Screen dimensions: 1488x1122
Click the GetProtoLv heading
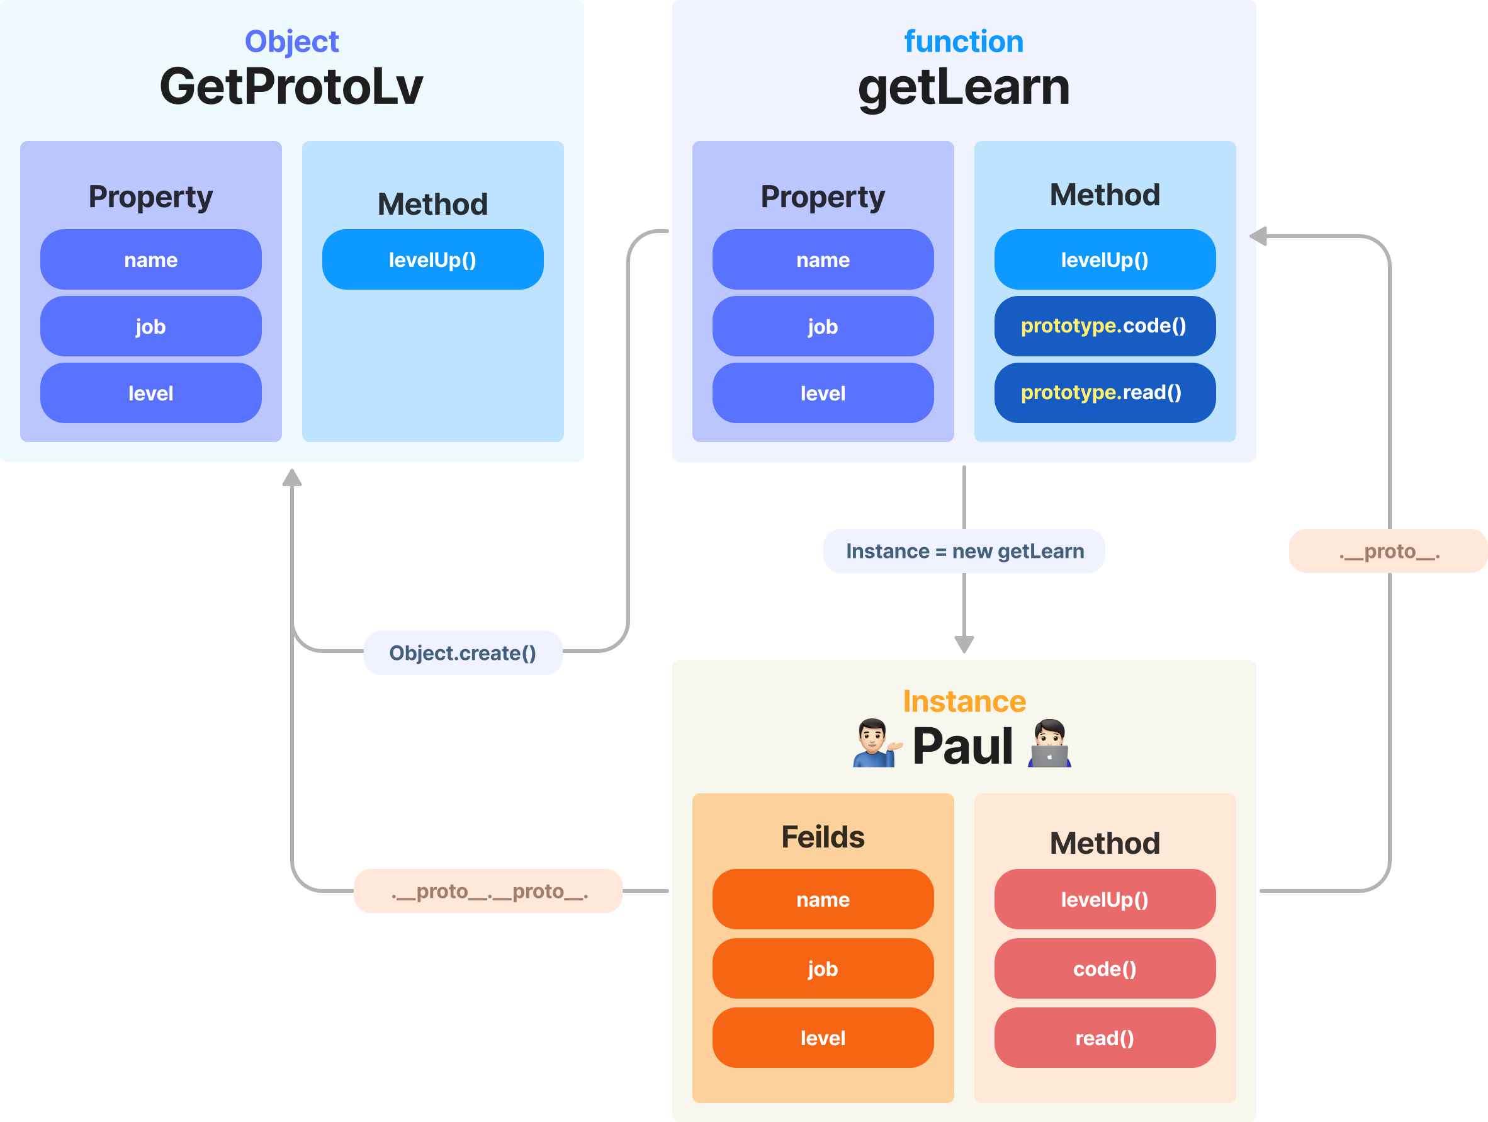click(291, 86)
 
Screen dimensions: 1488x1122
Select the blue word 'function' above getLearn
click(963, 41)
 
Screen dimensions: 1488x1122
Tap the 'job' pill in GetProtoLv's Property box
click(150, 326)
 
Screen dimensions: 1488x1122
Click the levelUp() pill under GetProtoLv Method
click(432, 259)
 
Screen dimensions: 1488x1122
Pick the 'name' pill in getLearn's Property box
click(823, 259)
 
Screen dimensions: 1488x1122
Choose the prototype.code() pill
click(1105, 326)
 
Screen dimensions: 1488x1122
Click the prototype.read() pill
click(1105, 393)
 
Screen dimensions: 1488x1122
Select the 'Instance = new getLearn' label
click(964, 551)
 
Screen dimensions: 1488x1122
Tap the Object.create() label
click(463, 653)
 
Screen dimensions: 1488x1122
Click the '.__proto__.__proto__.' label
click(488, 891)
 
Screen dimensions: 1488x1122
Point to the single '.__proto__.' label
click(1389, 551)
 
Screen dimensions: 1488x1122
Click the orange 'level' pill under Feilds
click(823, 1038)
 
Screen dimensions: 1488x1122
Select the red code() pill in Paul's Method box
click(1105, 968)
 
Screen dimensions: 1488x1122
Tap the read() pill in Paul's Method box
click(1105, 1038)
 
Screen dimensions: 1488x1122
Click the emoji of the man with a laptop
click(1049, 744)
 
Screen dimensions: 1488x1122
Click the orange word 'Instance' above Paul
click(964, 701)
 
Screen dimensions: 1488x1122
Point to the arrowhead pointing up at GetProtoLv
click(292, 477)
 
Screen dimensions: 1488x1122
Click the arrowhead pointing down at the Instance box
click(964, 644)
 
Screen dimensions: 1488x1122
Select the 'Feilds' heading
click(823, 837)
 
